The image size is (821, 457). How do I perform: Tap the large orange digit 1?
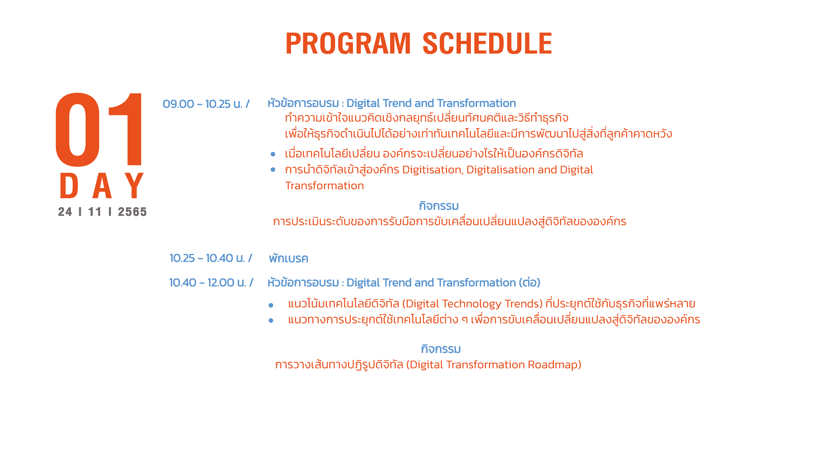126,129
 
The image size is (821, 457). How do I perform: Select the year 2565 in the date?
132,212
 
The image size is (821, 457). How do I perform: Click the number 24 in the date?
65,212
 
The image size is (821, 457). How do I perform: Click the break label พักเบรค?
288,258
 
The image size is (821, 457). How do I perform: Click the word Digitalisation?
500,170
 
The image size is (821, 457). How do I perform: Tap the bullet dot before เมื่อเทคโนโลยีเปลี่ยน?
273,154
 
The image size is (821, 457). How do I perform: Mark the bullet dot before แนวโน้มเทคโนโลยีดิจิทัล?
271,305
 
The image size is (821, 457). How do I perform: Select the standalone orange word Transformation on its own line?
325,186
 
